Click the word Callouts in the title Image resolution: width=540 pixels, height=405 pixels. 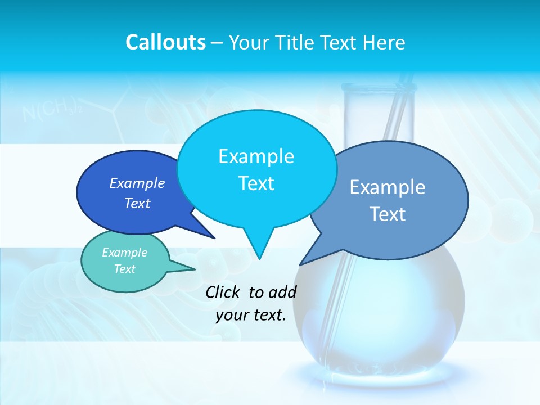(165, 42)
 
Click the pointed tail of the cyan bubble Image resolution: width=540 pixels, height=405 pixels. (258, 247)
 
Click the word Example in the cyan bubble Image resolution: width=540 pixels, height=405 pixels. (256, 156)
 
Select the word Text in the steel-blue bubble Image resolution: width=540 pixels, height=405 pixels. (388, 214)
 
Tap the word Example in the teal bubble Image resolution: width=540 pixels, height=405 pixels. (124, 253)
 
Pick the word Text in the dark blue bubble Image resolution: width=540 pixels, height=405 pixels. (137, 204)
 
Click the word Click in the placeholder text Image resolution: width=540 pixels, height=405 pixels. (223, 292)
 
